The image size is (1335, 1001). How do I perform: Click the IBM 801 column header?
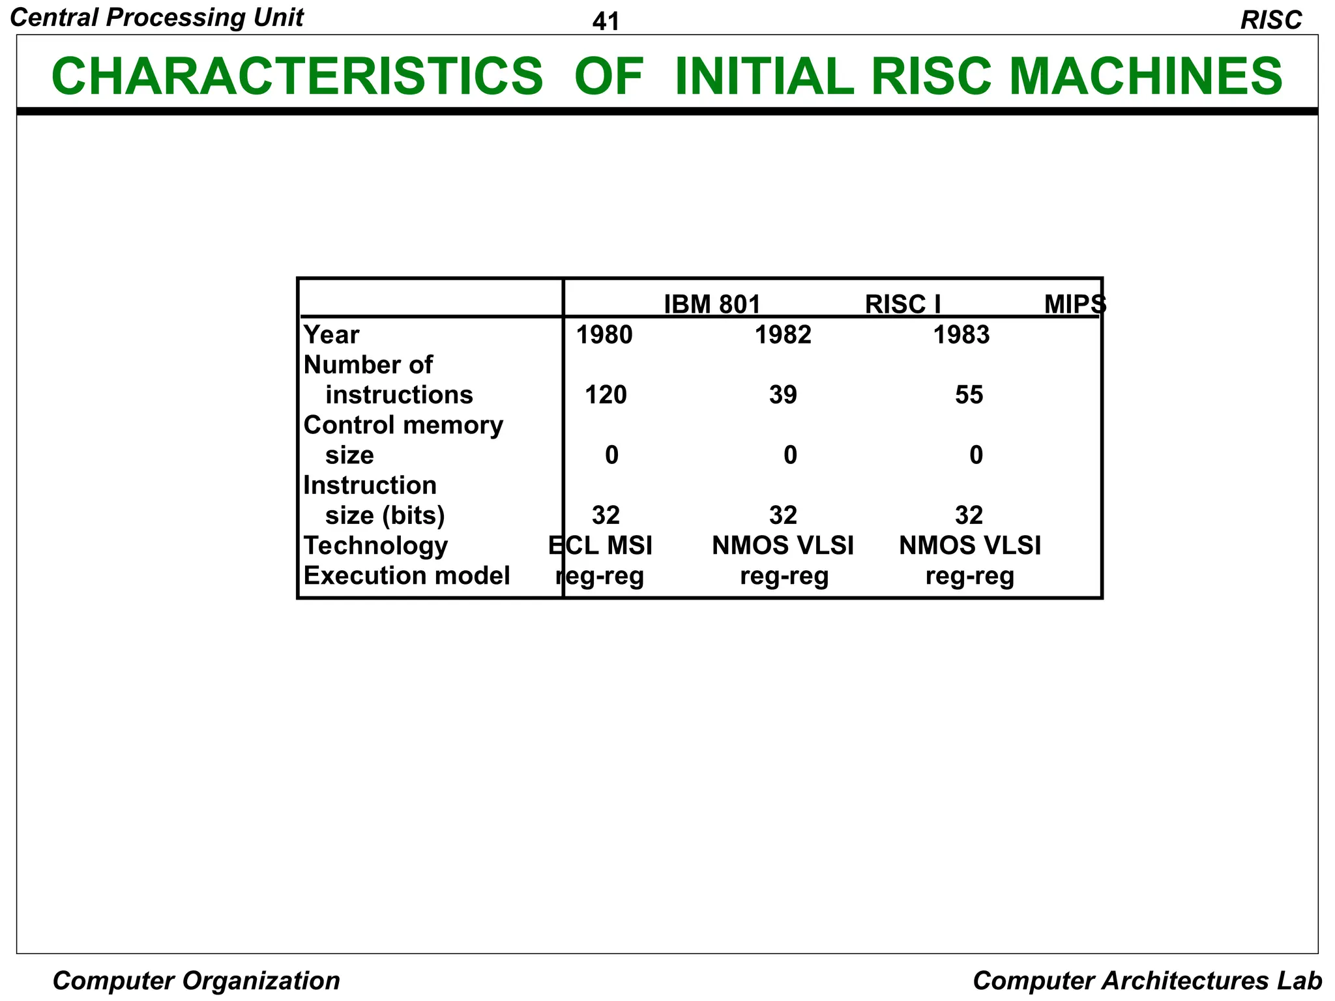pos(712,304)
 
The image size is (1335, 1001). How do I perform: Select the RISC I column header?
pos(902,304)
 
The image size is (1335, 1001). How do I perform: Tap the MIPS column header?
pos(1074,304)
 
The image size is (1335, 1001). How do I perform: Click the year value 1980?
pos(604,335)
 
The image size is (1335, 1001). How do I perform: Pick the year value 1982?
pos(783,335)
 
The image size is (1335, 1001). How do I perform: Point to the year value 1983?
pos(961,335)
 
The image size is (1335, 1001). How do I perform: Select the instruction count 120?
pos(606,395)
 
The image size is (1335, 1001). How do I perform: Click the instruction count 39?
pos(783,395)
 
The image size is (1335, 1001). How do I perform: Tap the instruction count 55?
pos(969,395)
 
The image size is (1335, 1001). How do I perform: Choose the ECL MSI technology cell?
pos(600,545)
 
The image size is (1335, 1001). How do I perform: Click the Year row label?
pos(331,335)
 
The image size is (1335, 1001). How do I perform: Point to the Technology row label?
pos(375,545)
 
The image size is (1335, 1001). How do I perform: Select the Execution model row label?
pos(406,575)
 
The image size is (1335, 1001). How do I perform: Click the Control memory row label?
pos(403,425)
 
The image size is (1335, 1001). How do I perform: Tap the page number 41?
pos(606,22)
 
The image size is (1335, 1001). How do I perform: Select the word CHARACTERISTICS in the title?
pos(297,76)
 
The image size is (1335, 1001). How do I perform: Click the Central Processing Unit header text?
pos(157,18)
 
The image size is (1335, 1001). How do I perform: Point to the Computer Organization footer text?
pos(196,980)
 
